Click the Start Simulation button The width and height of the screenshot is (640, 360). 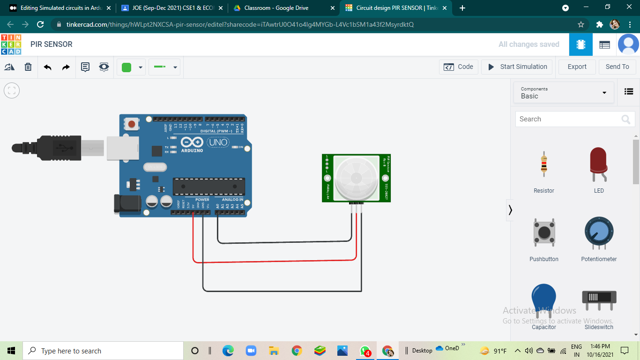point(517,67)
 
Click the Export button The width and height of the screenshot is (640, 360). point(577,67)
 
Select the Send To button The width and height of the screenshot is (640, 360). point(617,67)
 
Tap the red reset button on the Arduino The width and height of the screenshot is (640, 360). point(132,124)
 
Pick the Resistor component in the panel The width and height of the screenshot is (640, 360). point(543,164)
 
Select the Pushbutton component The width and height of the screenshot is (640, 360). point(543,232)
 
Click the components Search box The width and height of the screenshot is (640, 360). point(569,119)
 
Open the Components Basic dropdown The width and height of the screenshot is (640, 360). point(564,92)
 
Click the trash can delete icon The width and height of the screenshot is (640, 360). point(28,67)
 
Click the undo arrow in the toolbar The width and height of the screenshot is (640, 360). point(47,67)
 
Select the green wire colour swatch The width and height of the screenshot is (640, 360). point(127,67)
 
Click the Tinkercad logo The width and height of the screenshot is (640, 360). point(11,45)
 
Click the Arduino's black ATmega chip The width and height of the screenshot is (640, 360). point(208,187)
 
